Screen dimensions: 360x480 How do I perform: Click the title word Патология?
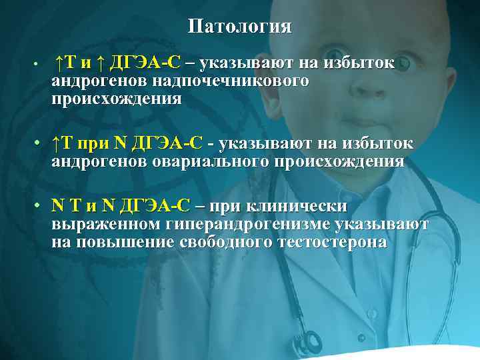click(x=239, y=27)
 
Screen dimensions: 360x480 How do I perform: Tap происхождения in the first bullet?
click(x=116, y=99)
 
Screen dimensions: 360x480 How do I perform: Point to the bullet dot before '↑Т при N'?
click(x=40, y=144)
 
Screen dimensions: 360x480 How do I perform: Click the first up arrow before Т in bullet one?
click(x=60, y=63)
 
